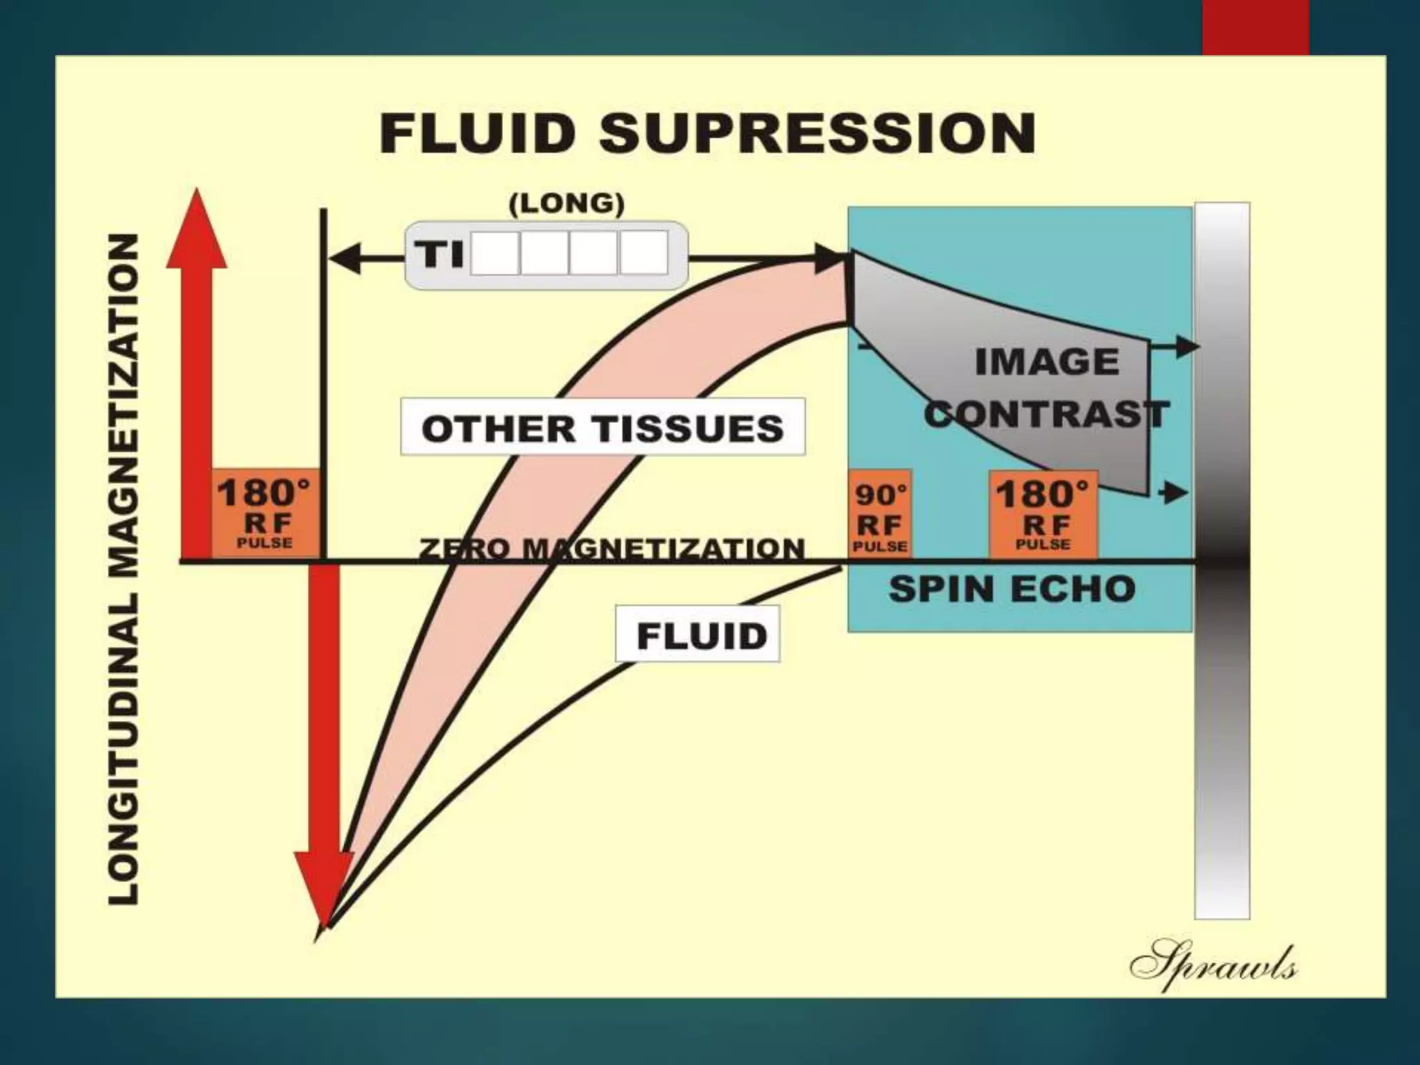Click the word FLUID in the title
click(477, 134)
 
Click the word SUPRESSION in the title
click(818, 134)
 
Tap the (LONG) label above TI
click(566, 204)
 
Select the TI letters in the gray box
click(439, 254)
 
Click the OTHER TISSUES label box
click(603, 427)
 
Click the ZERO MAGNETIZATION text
click(612, 548)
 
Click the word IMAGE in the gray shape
click(1047, 362)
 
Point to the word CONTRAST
click(1047, 415)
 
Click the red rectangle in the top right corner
click(1256, 26)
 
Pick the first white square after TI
click(495, 253)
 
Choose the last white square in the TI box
click(643, 253)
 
